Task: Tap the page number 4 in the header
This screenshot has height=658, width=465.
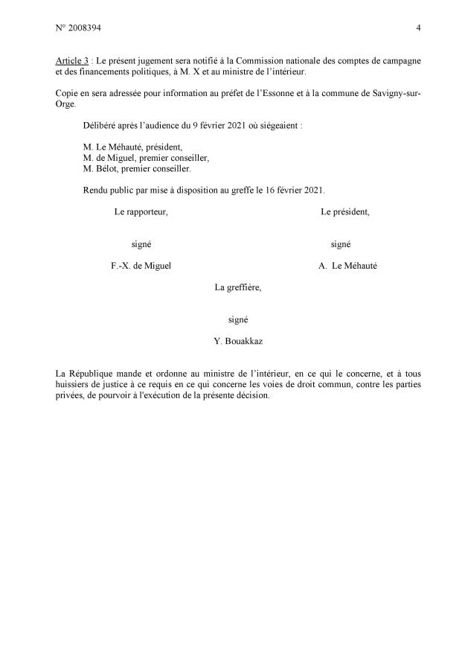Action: click(x=419, y=28)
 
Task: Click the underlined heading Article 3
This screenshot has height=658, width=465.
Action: click(x=76, y=60)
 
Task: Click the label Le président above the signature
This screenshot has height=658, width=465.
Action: click(x=345, y=212)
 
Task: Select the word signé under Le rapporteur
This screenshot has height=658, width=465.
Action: click(x=141, y=244)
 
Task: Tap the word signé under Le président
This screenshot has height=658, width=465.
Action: click(x=341, y=244)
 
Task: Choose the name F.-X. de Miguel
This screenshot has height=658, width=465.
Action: click(x=141, y=266)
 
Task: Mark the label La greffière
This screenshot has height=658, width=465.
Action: click(x=237, y=287)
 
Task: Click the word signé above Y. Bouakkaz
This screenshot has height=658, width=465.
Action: click(x=238, y=319)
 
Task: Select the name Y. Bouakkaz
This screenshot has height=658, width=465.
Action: click(x=237, y=341)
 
